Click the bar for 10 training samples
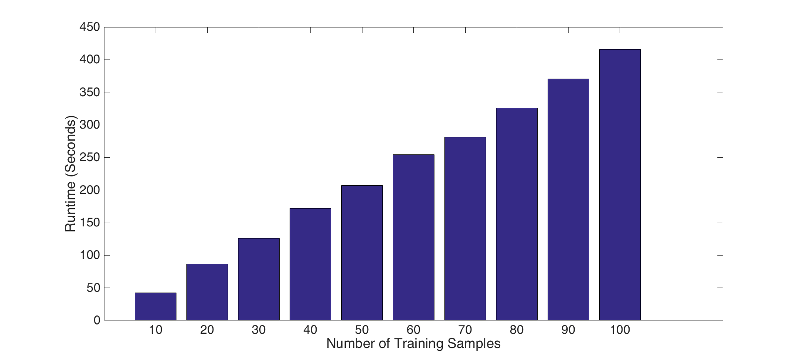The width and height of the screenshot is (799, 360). pos(155,306)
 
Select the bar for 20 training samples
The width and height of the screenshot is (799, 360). pos(207,292)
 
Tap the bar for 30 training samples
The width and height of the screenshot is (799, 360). pos(258,279)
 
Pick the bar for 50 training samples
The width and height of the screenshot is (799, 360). pos(362,253)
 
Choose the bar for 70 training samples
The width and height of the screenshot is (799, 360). pos(465,228)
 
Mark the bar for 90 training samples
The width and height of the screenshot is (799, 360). pos(568,199)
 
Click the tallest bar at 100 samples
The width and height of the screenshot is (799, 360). pos(620,184)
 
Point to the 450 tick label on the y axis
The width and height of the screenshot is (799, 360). pos(89,27)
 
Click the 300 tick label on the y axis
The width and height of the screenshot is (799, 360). pos(89,125)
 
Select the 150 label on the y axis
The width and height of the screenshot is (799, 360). pos(89,223)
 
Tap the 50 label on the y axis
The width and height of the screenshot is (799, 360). pos(93,288)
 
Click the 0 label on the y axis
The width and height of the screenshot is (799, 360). pos(97,320)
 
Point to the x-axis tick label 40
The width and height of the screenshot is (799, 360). pos(310,330)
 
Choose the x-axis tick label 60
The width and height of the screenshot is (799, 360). pos(413,330)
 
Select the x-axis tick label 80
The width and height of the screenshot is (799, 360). pos(516,330)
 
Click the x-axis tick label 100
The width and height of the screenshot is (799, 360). pos(620,330)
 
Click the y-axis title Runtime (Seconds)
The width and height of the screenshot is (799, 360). pos(71,174)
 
